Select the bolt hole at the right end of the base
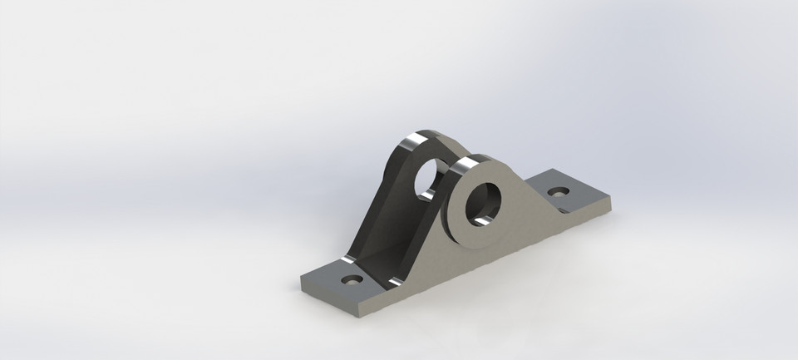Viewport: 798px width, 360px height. [559, 190]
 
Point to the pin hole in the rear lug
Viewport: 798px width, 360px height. [430, 175]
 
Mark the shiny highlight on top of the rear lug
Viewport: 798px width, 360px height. [410, 142]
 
